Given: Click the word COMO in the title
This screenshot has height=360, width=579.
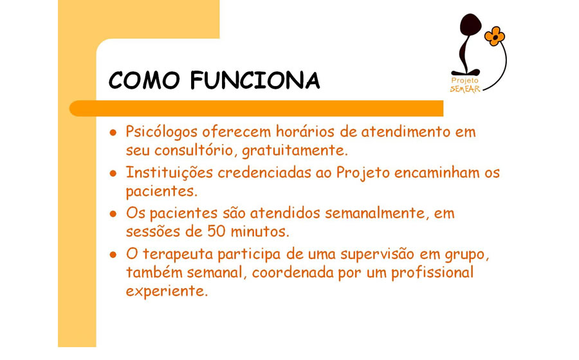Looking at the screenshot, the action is click(x=144, y=80).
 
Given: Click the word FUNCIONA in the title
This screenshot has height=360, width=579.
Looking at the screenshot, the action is click(x=255, y=80).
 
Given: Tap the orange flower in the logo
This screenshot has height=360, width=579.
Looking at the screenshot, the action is click(x=495, y=36).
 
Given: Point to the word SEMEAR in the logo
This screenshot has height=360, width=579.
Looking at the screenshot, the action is click(x=465, y=89).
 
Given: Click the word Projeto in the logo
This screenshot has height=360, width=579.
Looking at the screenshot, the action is click(x=465, y=80).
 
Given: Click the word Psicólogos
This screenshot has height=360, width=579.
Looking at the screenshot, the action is click(x=161, y=132).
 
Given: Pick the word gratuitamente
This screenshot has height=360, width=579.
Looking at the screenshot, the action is click(x=295, y=151).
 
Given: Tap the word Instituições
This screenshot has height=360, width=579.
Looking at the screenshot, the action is click(x=169, y=173).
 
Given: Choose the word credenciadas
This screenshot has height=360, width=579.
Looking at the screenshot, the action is click(x=264, y=173).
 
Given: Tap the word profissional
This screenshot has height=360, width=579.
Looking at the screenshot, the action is click(x=432, y=273).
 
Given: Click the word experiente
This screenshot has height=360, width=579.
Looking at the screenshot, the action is click(x=167, y=291).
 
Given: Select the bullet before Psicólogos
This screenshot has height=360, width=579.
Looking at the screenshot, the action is click(x=113, y=132).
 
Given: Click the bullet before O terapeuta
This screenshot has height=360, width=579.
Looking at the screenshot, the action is click(x=113, y=255).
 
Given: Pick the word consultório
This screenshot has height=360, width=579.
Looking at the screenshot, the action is click(x=196, y=150).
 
